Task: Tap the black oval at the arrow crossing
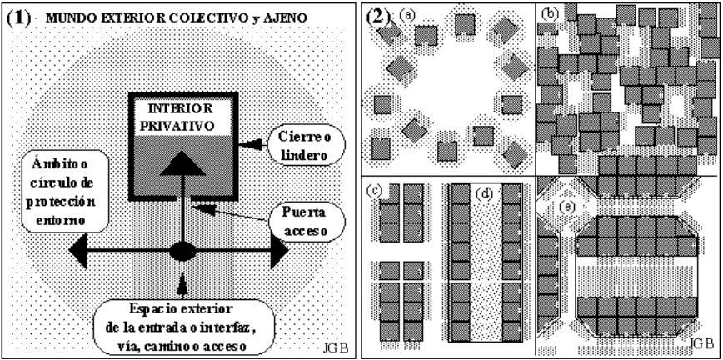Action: click(181, 251)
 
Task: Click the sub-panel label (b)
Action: click(549, 14)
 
